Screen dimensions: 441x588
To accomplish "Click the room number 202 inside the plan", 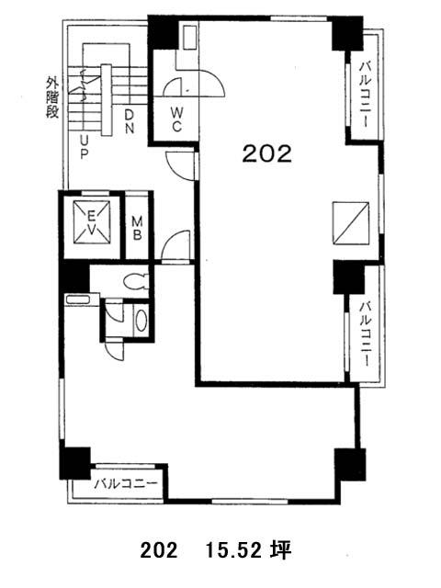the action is pos(266,153).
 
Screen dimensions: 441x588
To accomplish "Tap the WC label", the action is pos(176,119).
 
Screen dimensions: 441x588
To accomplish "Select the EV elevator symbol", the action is pos(92,222).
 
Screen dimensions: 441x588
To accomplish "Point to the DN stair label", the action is pos(129,121).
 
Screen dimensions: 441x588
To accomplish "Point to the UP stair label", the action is pos(85,147).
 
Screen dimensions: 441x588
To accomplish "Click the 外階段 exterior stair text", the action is pos(52,97).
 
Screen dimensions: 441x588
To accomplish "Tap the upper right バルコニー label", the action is pos(366,95).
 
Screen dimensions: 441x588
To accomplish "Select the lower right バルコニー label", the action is pos(366,334).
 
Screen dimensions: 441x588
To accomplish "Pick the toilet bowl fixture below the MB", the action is pos(136,282).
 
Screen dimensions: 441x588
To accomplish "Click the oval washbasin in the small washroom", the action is pos(141,321).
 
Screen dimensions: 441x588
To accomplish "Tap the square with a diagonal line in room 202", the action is pos(351,223).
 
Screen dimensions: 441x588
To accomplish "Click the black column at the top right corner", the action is pos(347,33).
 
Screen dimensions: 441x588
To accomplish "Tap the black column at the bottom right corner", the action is pos(350,465).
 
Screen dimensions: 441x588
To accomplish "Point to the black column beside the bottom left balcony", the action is pos(75,463).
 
